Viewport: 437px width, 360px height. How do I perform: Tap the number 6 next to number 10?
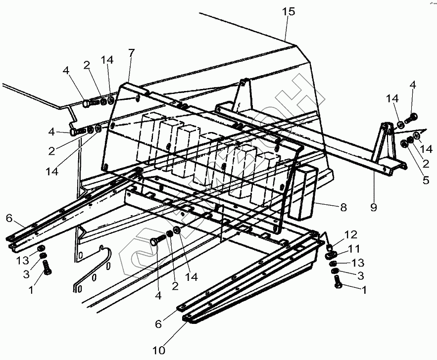[158, 324]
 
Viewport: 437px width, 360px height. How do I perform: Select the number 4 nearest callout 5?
[413, 85]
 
